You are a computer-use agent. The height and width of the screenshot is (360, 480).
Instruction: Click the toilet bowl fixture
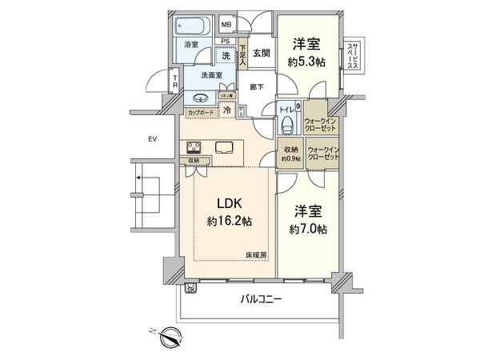click(288, 124)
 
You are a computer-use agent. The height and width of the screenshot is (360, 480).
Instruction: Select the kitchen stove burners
click(196, 147)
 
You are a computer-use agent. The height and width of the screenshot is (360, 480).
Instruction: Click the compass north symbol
click(171, 336)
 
